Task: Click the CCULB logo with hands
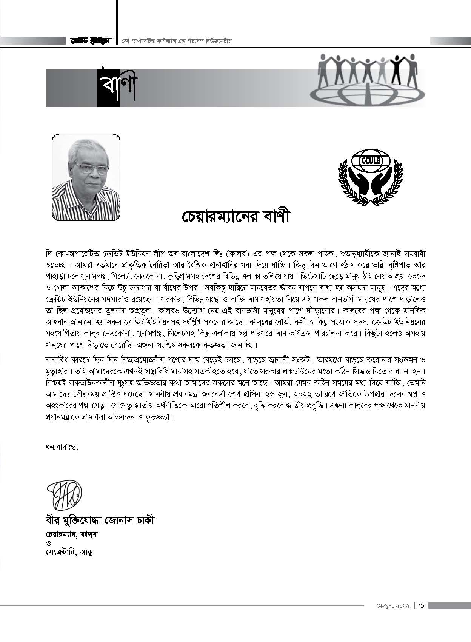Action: [x=365, y=176]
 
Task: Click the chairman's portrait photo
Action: [x=86, y=176]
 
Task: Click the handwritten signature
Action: [x=64, y=493]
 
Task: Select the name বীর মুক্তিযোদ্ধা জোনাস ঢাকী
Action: [x=100, y=520]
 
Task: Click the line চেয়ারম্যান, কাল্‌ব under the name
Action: [x=71, y=534]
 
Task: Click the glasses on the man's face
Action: [x=86, y=167]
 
